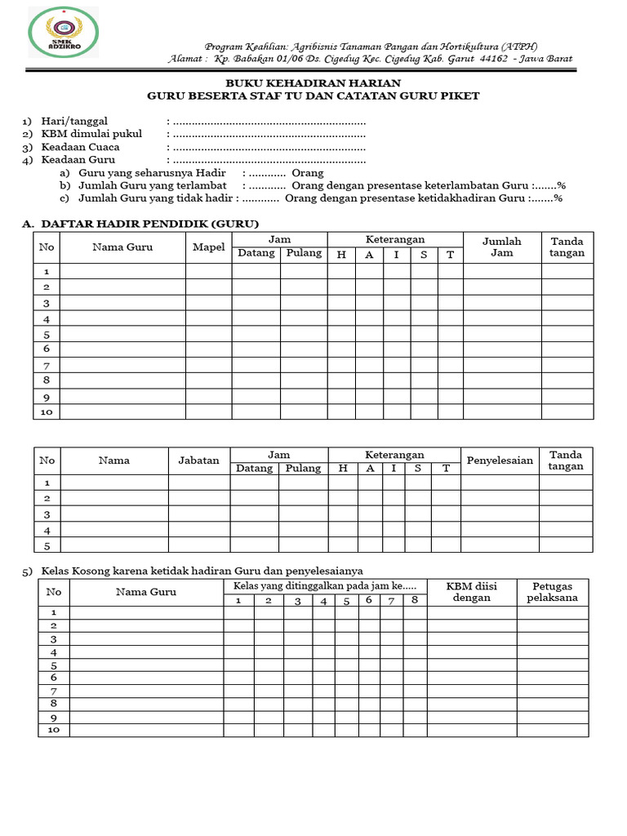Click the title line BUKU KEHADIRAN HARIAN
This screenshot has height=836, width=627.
pyautogui.click(x=313, y=83)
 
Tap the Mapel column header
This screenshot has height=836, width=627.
pyautogui.click(x=208, y=247)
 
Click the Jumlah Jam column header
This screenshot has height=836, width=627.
pyautogui.click(x=501, y=247)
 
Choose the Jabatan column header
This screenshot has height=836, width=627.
pyautogui.click(x=199, y=460)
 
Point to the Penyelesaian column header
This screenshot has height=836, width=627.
pyautogui.click(x=500, y=460)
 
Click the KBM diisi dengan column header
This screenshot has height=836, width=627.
pyautogui.click(x=470, y=592)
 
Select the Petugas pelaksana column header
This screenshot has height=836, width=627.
pyautogui.click(x=552, y=592)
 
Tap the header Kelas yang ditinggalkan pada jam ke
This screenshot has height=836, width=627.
pyautogui.click(x=324, y=586)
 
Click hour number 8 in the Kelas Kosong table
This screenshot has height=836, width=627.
pyautogui.click(x=415, y=601)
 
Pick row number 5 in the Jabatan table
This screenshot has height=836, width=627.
pyautogui.click(x=47, y=545)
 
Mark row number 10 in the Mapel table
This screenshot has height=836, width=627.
pyautogui.click(x=47, y=412)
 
